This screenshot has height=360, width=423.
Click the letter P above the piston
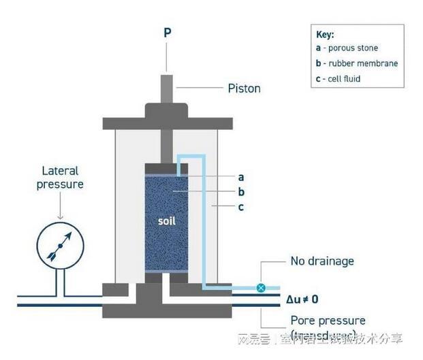167,32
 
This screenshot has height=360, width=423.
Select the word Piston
244,88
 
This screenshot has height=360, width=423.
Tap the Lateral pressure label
62,178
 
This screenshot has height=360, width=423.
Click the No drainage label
322,261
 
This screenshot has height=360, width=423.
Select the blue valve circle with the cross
261,288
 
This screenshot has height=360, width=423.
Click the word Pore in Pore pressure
302,320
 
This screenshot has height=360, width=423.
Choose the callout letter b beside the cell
240,191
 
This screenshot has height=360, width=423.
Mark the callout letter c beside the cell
240,208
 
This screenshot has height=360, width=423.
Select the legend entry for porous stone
347,48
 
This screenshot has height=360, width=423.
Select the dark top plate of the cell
167,123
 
